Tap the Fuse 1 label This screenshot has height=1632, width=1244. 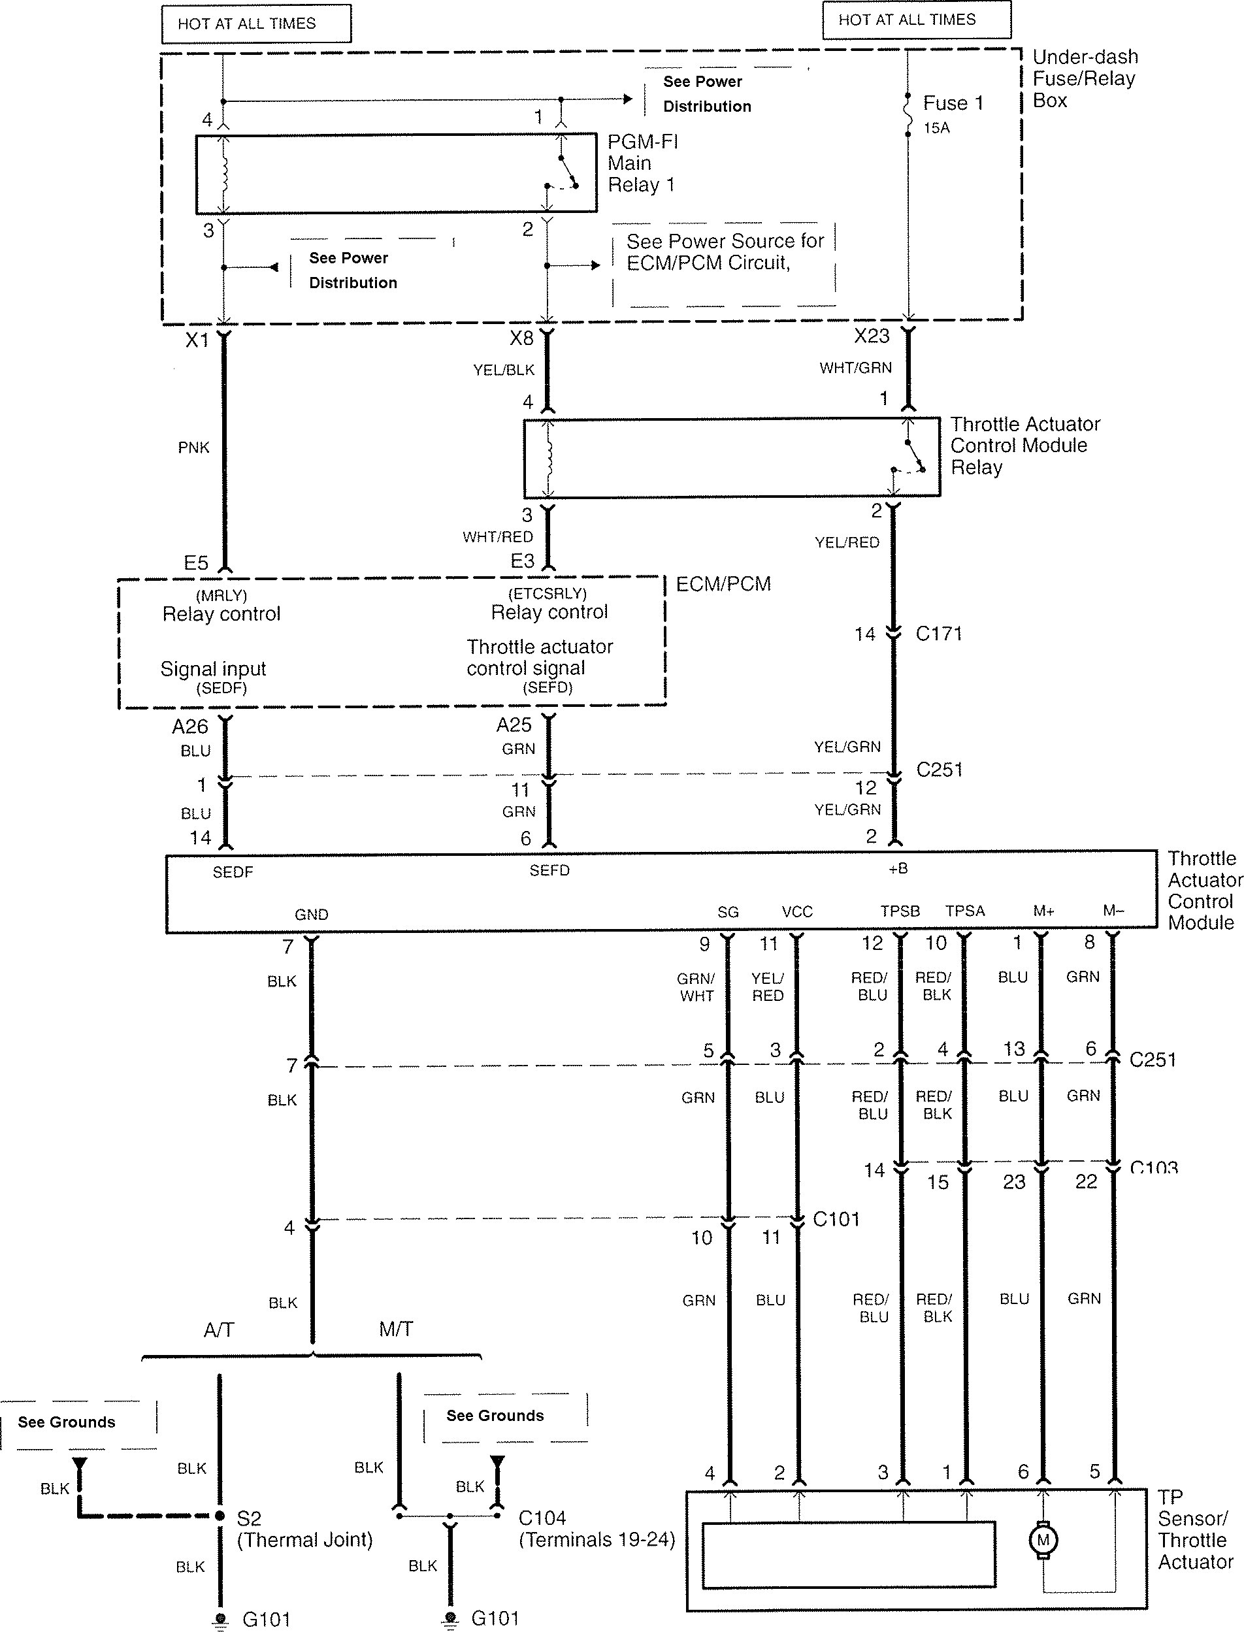(953, 103)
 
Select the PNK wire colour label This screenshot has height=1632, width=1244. (193, 448)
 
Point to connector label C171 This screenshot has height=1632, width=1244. (938, 634)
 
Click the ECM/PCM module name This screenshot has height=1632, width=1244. (723, 584)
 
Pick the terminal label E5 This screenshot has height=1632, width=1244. (196, 564)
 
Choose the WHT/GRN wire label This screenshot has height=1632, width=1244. (855, 367)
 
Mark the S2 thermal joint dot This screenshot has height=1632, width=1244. (220, 1516)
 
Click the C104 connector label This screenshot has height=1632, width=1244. (542, 1518)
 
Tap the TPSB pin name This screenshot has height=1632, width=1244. (900, 911)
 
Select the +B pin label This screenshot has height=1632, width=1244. (898, 868)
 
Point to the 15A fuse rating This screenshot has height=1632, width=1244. (936, 128)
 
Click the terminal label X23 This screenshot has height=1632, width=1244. (872, 336)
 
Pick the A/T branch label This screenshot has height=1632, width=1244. (218, 1331)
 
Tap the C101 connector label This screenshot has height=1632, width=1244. (836, 1219)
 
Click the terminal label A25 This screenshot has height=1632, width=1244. (514, 726)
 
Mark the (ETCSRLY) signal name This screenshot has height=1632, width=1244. (548, 593)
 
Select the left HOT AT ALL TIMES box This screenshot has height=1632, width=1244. (256, 24)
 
